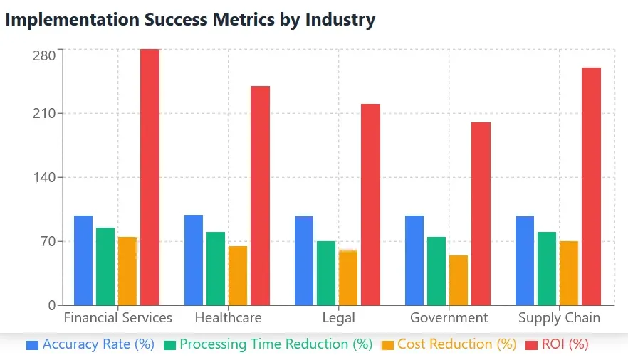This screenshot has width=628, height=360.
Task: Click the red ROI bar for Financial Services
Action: pos(150,177)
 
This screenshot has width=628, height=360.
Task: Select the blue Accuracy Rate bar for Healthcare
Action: pos(194,260)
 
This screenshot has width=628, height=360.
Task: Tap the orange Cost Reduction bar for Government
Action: pos(459,280)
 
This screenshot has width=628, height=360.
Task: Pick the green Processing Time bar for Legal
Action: pos(326,273)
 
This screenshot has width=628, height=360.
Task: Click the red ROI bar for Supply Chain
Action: pos(591,186)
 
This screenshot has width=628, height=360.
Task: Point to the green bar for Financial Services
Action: pos(105,266)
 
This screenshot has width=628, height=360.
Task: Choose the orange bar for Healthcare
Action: pos(238,275)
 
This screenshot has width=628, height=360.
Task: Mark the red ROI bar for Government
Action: pos(481,213)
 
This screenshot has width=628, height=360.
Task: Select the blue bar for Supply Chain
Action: pos(525,260)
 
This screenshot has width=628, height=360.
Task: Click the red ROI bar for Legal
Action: pos(370,204)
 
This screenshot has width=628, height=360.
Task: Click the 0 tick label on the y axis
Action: pos(51,305)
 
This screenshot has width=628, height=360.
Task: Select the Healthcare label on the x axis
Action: pos(228,318)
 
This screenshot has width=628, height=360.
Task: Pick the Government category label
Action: pos(449,318)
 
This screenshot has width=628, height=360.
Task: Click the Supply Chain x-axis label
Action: pos(559,318)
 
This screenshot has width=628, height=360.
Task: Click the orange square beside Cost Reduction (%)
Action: pos(388,345)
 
